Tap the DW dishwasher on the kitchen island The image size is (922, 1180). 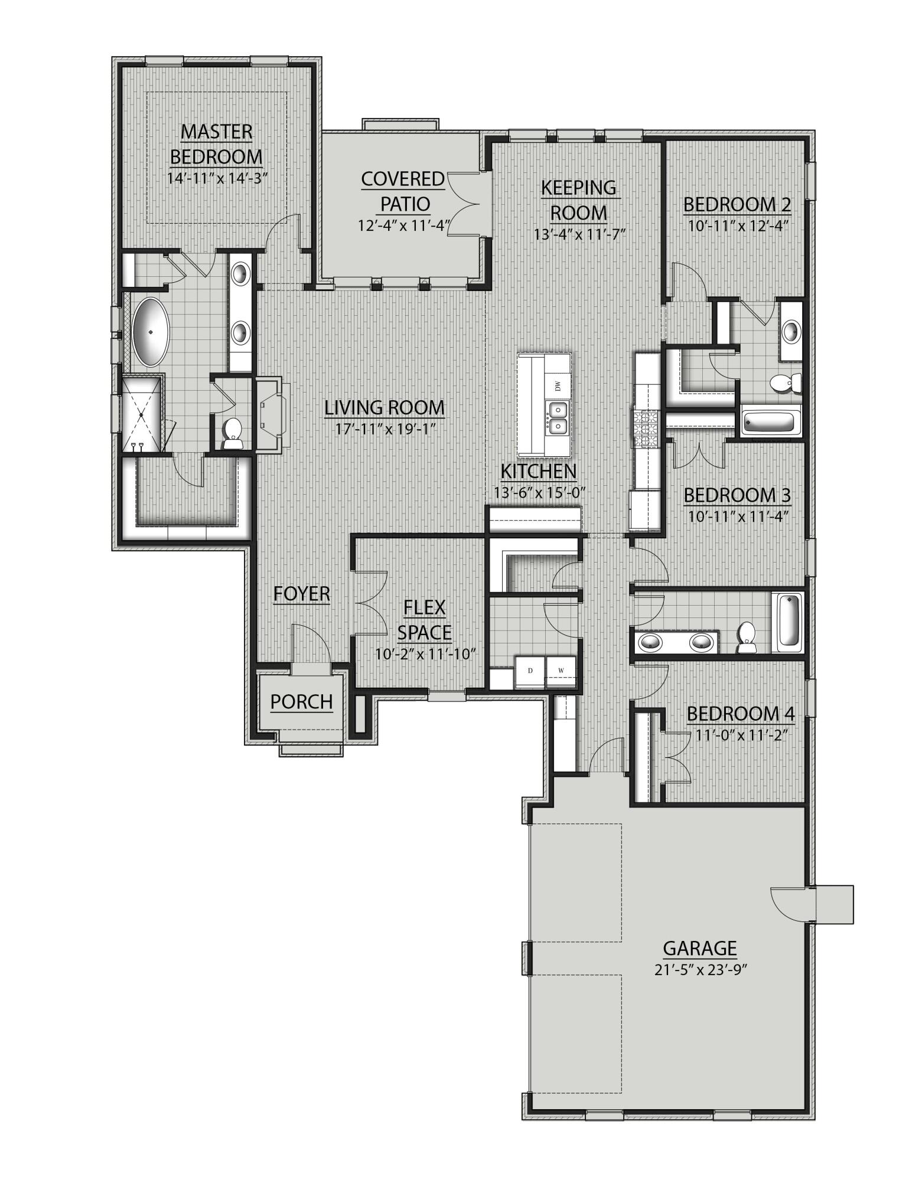[x=557, y=386]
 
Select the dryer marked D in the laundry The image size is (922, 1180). [x=530, y=671]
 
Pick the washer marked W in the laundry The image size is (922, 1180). [x=561, y=671]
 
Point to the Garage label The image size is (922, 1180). [x=700, y=948]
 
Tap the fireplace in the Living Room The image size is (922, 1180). [x=271, y=417]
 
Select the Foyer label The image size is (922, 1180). [x=302, y=594]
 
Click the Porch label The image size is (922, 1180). [x=302, y=702]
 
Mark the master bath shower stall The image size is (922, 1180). [x=141, y=415]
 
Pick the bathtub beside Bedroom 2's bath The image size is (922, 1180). [x=769, y=422]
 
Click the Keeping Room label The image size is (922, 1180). [x=578, y=200]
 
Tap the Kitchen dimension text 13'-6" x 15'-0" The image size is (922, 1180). [x=539, y=492]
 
